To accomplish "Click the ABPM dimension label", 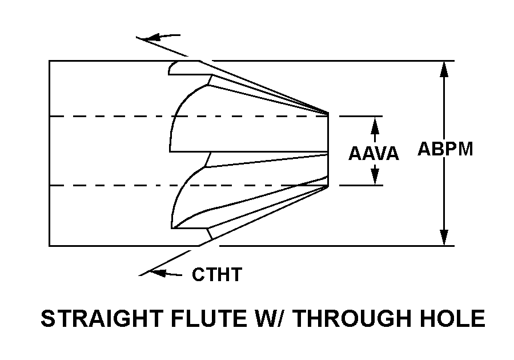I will (445, 149).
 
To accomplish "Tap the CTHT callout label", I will (216, 275).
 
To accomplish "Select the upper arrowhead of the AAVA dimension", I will (375, 123).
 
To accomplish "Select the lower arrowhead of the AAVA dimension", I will (375, 178).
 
